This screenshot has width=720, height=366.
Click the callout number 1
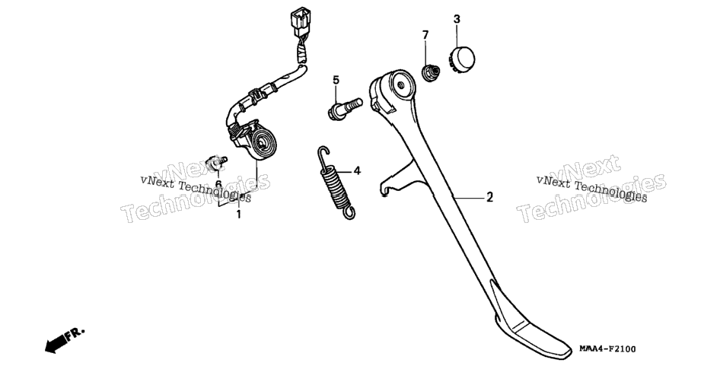pos(238,215)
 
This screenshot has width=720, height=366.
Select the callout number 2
pos(490,198)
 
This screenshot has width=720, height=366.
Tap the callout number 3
pos(457,19)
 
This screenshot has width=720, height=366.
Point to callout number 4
pos(357,171)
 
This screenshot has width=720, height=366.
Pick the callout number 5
pos(336,81)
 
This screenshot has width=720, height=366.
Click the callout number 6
pos(218,184)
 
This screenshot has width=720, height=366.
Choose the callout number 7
pos(425,35)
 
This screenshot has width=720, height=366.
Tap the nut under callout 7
pos(431,73)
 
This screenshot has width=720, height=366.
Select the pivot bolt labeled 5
pos(345,109)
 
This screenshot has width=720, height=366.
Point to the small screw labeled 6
pos(216,163)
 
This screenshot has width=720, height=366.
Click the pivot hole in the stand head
pos(400,84)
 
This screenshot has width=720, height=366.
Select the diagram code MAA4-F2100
pos(607,350)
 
